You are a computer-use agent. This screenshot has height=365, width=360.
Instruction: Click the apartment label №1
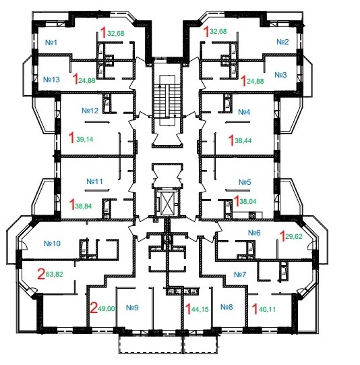coord(51,43)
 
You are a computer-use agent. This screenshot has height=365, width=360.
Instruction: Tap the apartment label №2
coord(282,42)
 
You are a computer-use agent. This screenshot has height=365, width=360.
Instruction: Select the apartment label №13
coord(51,80)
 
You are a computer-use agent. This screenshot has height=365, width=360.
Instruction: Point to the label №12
coord(90,111)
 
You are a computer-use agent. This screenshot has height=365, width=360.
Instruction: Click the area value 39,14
coord(85,139)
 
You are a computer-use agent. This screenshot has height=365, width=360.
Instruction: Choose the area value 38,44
coord(243,140)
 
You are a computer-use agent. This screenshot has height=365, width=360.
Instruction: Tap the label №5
coord(245,182)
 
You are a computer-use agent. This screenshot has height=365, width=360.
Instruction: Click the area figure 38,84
coord(84,206)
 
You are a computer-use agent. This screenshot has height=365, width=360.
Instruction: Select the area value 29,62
coord(294,237)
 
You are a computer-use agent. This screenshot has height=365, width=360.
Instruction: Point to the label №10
coord(52,244)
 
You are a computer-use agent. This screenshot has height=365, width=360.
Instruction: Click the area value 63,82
coord(55,274)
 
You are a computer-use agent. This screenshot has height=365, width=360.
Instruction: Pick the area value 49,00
coord(107,309)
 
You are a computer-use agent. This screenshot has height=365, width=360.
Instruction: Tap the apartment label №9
coord(132,308)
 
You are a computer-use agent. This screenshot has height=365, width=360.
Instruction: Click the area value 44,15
coord(200,310)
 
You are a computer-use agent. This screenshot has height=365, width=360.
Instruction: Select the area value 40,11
coord(267,310)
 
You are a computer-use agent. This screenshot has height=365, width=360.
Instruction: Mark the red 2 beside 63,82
coord(41,274)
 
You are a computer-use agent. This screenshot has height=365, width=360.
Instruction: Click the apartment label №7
coord(240,275)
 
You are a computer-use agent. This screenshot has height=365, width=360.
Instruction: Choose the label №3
coord(280,75)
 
